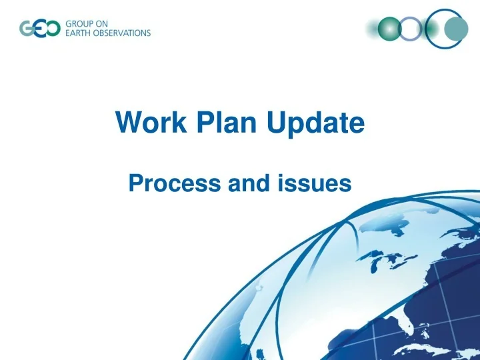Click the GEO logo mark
tap(39, 29)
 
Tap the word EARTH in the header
tap(80, 33)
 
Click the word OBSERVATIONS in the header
tap(124, 33)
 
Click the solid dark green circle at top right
tap(389, 29)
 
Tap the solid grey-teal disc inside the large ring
tap(456, 29)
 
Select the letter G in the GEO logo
tap(27, 29)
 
